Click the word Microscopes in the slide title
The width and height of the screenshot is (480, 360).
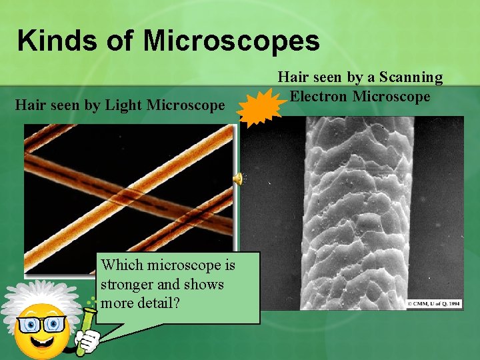tap(231, 41)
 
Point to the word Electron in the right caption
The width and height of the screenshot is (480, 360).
tap(319, 96)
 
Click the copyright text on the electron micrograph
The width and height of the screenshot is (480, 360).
tap(434, 304)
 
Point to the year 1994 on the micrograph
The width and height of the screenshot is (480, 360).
tap(455, 304)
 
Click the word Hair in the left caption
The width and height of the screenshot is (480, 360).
tap(30, 105)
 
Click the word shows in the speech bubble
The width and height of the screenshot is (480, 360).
tap(205, 285)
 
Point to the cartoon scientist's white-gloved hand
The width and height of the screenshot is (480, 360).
tap(91, 340)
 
